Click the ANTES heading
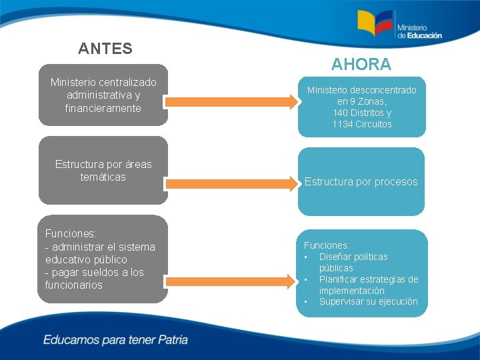pyautogui.click(x=105, y=49)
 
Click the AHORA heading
pyautogui.click(x=361, y=65)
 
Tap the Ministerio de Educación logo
pyautogui.click(x=399, y=26)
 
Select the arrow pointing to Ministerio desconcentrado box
pyautogui.click(x=231, y=102)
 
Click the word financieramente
pyautogui.click(x=103, y=108)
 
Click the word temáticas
pyautogui.click(x=103, y=177)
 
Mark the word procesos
pyautogui.click(x=396, y=182)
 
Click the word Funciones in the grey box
pyautogui.click(x=69, y=234)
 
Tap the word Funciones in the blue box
pyautogui.click(x=326, y=245)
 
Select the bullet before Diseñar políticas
pyautogui.click(x=305, y=257)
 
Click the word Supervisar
pyautogui.click(x=341, y=302)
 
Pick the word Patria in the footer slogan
pyautogui.click(x=173, y=340)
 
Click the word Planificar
pyautogui.click(x=340, y=279)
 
